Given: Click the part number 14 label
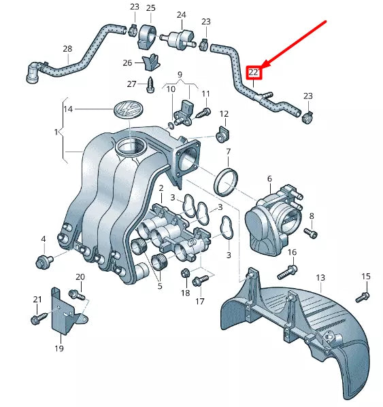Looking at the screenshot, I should click(x=67, y=108).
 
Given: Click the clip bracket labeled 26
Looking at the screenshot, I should click(x=152, y=63).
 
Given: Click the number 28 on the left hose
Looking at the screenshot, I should click(x=67, y=49).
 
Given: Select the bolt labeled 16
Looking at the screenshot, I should click(x=286, y=272).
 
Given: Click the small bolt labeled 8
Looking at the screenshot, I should click(x=312, y=233).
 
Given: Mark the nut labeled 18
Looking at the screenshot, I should click(x=184, y=274).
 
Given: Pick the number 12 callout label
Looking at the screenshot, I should click(x=224, y=113).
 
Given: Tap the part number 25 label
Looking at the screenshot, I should click(x=150, y=8).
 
